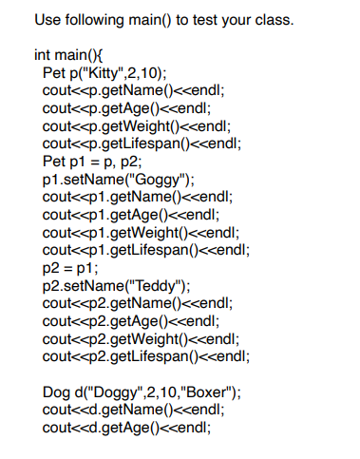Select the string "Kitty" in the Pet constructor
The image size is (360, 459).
97,73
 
